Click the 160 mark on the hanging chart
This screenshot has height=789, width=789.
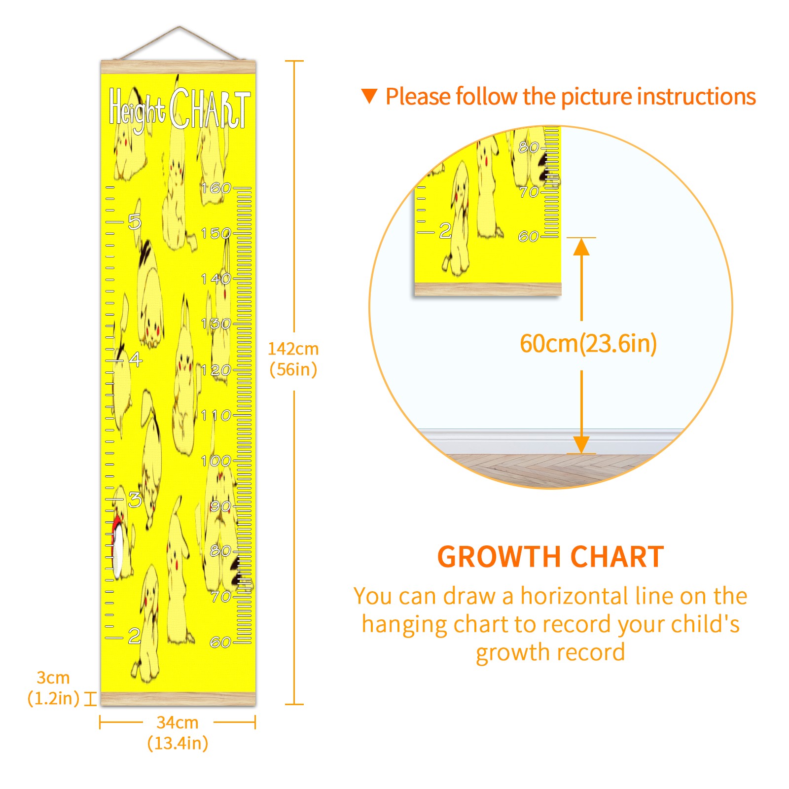216,188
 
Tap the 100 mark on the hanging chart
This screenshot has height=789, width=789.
216,461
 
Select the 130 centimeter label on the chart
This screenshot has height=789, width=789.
216,323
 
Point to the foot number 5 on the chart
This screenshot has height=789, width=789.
135,221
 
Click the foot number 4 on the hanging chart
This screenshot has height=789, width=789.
136,359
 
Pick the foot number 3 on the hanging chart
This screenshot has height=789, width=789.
135,500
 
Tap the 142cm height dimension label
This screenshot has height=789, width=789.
293,359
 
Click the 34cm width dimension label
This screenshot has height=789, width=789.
178,733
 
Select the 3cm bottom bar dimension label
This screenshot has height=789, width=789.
53,688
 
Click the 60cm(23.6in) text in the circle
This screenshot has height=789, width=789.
588,343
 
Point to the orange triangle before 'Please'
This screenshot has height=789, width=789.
369,96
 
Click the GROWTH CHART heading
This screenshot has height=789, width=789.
550,557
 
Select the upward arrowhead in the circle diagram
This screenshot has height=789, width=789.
582,247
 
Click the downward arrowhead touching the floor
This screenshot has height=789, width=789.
582,444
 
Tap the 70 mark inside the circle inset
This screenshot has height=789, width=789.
529,192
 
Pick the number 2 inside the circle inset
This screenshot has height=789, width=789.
445,230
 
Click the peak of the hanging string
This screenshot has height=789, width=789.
179,27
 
